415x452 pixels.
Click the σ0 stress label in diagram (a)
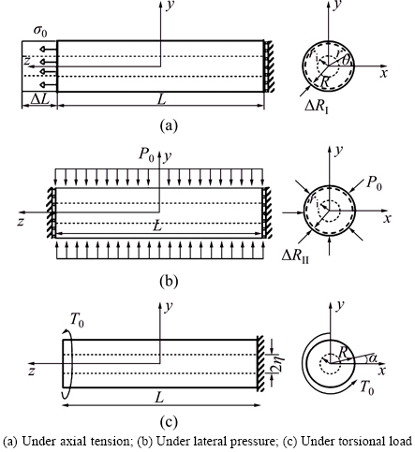click(x=40, y=31)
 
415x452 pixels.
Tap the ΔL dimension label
click(x=40, y=99)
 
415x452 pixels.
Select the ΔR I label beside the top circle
click(x=317, y=107)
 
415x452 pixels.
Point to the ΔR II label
click(x=295, y=256)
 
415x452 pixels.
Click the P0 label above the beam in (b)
click(x=147, y=155)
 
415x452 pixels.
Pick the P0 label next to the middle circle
click(x=374, y=182)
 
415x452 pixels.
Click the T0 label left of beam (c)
click(x=77, y=320)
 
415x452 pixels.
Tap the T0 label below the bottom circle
click(x=367, y=387)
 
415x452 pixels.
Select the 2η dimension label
click(x=278, y=363)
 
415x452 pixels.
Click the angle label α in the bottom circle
click(x=373, y=358)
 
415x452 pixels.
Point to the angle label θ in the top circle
click(x=346, y=60)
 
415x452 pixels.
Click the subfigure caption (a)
click(x=169, y=125)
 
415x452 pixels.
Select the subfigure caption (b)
click(x=169, y=281)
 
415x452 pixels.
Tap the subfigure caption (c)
click(x=169, y=422)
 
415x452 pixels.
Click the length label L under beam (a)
click(x=161, y=99)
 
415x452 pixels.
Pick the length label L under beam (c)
click(x=159, y=398)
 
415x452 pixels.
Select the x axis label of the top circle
click(x=383, y=73)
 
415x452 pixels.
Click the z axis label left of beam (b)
click(x=21, y=222)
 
